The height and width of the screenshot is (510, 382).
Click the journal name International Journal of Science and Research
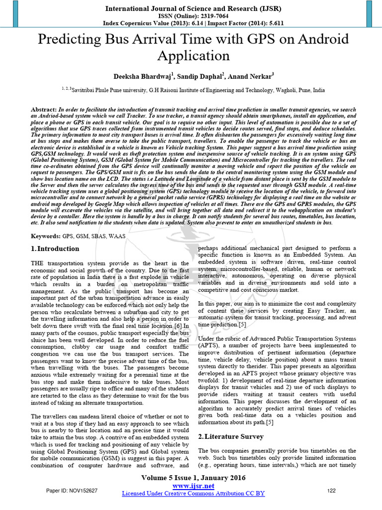[x=191, y=8]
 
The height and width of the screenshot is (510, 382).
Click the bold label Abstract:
[x=44, y=109]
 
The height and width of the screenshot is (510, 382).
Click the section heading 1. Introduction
[x=55, y=249]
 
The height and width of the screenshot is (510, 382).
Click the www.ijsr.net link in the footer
[x=193, y=486]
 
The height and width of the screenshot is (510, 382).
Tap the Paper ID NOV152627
[x=72, y=491]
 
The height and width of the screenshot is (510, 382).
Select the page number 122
[x=332, y=491]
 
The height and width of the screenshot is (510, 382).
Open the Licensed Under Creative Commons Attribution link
[x=193, y=494]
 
